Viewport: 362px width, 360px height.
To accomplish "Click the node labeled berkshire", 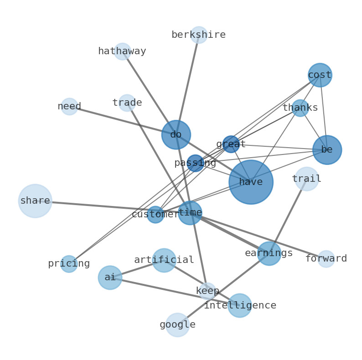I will click(x=199, y=35).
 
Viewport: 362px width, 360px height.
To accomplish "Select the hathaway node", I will click(x=122, y=51).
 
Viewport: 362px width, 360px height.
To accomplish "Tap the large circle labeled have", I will click(x=251, y=182).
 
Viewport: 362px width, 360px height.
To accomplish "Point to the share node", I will click(x=35, y=201).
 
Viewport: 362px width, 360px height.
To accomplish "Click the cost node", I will click(x=320, y=75).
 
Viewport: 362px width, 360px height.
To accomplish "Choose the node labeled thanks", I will click(x=300, y=108).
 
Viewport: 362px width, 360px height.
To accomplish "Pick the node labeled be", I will click(x=327, y=150).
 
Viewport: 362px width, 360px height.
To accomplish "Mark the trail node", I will click(x=306, y=179).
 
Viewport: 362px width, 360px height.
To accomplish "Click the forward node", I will click(x=326, y=259).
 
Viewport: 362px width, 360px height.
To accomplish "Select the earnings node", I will click(x=269, y=253).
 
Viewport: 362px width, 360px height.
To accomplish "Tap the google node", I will click(x=177, y=325).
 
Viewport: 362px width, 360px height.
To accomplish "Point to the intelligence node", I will click(x=240, y=305).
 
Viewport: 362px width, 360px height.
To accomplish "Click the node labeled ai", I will click(x=110, y=278).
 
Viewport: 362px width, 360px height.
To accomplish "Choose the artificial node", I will click(x=164, y=260).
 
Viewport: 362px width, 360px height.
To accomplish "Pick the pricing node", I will click(x=69, y=264).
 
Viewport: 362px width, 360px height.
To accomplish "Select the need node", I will click(x=69, y=107).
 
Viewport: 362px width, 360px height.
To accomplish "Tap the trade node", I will click(x=127, y=103).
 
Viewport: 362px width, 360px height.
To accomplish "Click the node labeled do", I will click(x=176, y=135).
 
